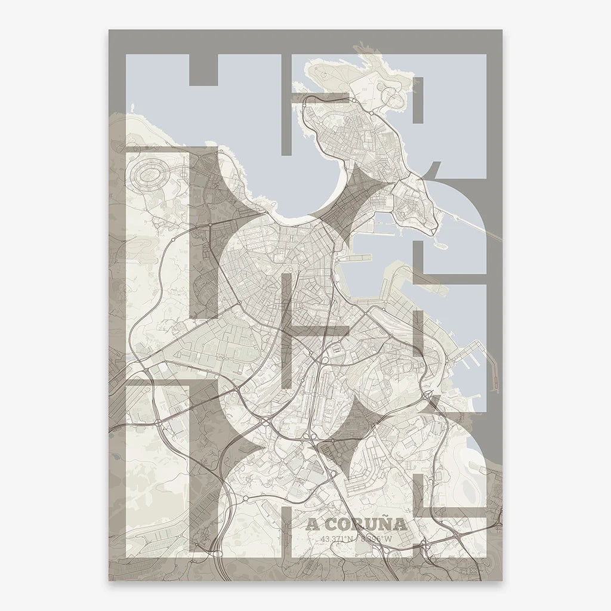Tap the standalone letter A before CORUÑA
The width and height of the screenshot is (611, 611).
311,525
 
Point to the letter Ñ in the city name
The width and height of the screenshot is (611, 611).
384,524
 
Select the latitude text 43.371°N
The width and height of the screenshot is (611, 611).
336,539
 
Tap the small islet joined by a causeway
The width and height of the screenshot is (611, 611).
443,243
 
